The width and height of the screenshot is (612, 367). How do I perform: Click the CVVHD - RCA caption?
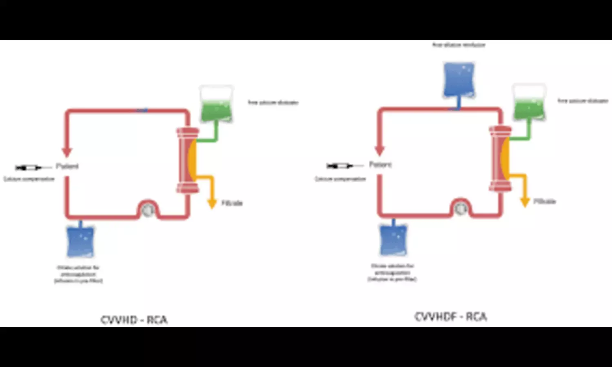[134, 320]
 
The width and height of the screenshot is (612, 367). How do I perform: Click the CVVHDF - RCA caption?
[450, 317]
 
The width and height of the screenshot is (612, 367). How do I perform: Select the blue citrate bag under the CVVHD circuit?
[80, 241]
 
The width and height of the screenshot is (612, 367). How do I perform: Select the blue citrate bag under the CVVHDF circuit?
[393, 239]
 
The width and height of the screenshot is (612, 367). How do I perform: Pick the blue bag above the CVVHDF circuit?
[459, 80]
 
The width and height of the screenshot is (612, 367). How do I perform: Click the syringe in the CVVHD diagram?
[28, 167]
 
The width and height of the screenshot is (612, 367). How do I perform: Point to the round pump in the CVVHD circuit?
[147, 210]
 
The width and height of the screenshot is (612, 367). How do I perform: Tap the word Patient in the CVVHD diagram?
[67, 166]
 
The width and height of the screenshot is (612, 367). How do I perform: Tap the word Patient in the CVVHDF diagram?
[380, 164]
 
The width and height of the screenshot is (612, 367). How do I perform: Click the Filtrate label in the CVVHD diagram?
[232, 203]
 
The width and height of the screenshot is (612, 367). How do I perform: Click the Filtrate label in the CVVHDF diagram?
[545, 201]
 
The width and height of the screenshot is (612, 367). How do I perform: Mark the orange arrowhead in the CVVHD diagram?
[212, 203]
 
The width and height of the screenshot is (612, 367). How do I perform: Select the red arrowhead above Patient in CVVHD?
[67, 152]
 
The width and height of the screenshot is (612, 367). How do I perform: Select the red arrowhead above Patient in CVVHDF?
[380, 150]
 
